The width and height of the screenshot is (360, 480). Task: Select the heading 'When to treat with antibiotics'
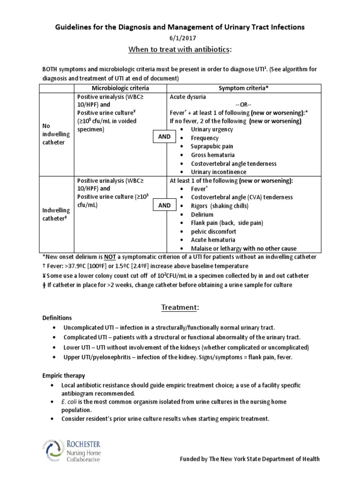click(x=180, y=50)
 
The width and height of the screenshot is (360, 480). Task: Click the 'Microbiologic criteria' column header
click(x=120, y=88)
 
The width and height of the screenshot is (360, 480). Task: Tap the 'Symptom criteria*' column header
click(x=244, y=88)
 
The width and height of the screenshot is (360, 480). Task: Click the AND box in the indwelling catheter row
click(x=164, y=206)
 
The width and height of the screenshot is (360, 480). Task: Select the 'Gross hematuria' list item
click(x=213, y=155)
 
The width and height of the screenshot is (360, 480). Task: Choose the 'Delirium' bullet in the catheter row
click(x=202, y=214)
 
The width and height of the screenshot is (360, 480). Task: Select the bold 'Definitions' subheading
click(x=57, y=318)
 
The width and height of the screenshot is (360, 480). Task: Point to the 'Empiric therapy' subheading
click(x=64, y=375)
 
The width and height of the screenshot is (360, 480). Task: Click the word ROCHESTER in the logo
click(x=89, y=443)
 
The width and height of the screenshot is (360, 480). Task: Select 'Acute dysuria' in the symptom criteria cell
click(x=188, y=97)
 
